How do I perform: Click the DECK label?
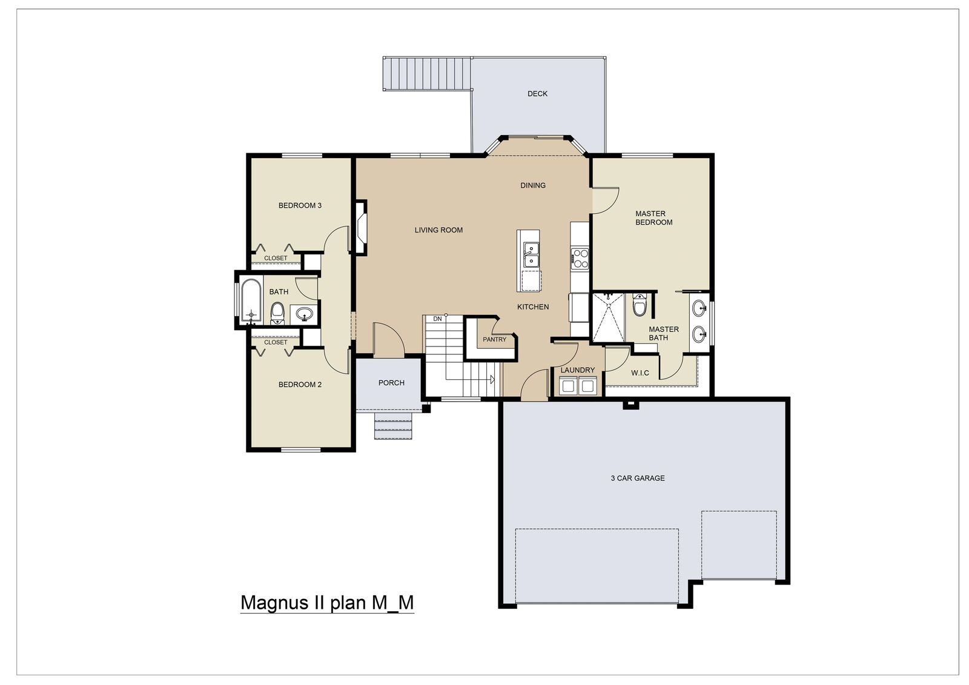537,94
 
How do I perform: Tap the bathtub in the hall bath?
251,300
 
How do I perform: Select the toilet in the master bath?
639,306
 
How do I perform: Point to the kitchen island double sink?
532,254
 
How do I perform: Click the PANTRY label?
494,340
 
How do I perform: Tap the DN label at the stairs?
437,319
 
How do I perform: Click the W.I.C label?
640,373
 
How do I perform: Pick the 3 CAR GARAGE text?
637,478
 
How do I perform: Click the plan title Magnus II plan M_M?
327,603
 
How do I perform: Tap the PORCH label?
391,383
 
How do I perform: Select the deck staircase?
428,74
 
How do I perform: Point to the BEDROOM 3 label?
300,206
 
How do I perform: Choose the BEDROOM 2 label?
300,385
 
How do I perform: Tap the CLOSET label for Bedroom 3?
276,259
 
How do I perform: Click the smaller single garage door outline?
738,545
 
